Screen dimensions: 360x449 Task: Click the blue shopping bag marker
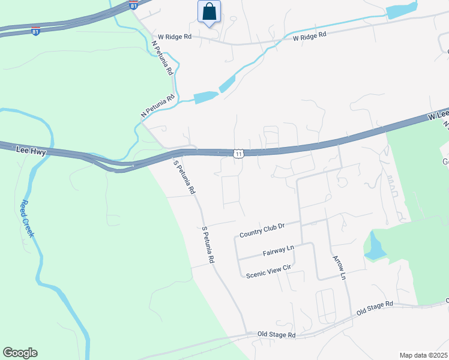[x=209, y=12]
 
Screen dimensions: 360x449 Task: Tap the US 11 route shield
[x=239, y=154]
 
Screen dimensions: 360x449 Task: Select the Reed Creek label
[x=26, y=218]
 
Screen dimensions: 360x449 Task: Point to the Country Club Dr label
[x=261, y=230]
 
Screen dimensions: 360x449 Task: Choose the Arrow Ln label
[x=339, y=268]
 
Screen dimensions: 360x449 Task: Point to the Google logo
[x=20, y=353]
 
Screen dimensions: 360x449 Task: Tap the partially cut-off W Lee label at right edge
[x=438, y=115]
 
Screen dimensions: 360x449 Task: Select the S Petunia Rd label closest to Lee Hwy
[x=184, y=177]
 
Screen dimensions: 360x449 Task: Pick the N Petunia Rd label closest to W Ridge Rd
[x=162, y=58]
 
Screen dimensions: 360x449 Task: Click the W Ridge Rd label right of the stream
[x=309, y=37]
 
